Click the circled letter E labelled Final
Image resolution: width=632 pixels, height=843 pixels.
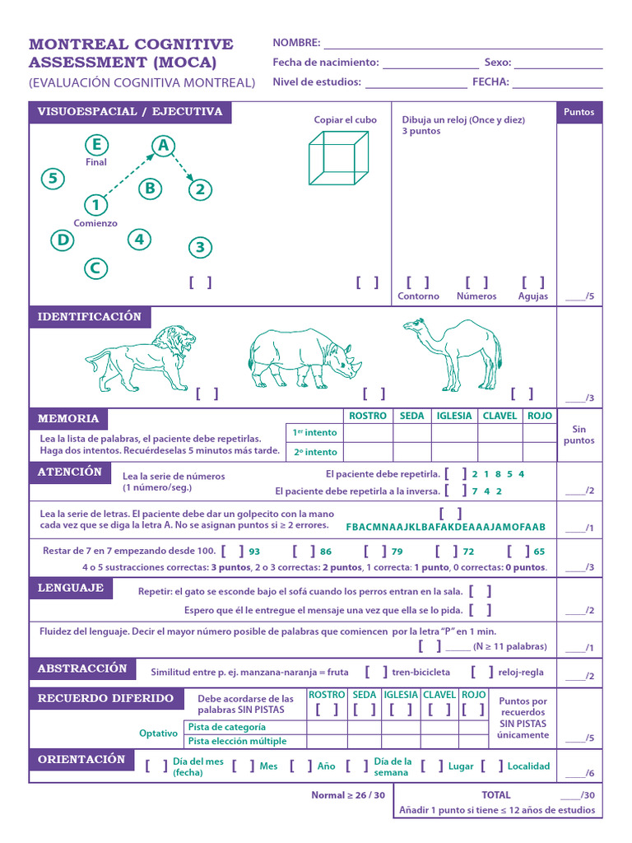pyautogui.click(x=96, y=146)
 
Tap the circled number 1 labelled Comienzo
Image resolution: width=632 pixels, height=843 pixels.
pyautogui.click(x=95, y=205)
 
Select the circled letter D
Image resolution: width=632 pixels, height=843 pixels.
pyautogui.click(x=62, y=240)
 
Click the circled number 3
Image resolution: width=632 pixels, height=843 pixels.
pyautogui.click(x=200, y=247)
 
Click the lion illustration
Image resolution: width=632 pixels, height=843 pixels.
pyautogui.click(x=142, y=358)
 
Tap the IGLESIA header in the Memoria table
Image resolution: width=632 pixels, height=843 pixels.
pyautogui.click(x=454, y=416)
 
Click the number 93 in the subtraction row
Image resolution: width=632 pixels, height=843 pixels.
pyautogui.click(x=254, y=552)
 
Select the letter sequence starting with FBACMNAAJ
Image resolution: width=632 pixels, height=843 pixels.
pyautogui.click(x=446, y=527)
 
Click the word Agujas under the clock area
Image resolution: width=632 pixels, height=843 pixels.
pyautogui.click(x=533, y=296)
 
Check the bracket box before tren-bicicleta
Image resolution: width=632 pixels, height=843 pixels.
pyautogui.click(x=376, y=672)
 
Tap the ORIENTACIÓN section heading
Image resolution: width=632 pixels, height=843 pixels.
pyautogui.click(x=81, y=759)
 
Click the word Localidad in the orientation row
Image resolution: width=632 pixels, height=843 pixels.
pyautogui.click(x=528, y=766)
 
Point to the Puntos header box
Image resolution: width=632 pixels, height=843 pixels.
pyautogui.click(x=579, y=113)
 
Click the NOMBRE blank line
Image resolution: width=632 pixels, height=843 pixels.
pyautogui.click(x=462, y=43)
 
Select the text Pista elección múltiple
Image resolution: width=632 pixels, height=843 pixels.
pyautogui.click(x=238, y=741)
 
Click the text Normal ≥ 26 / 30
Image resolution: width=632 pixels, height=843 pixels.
pyautogui.click(x=348, y=795)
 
